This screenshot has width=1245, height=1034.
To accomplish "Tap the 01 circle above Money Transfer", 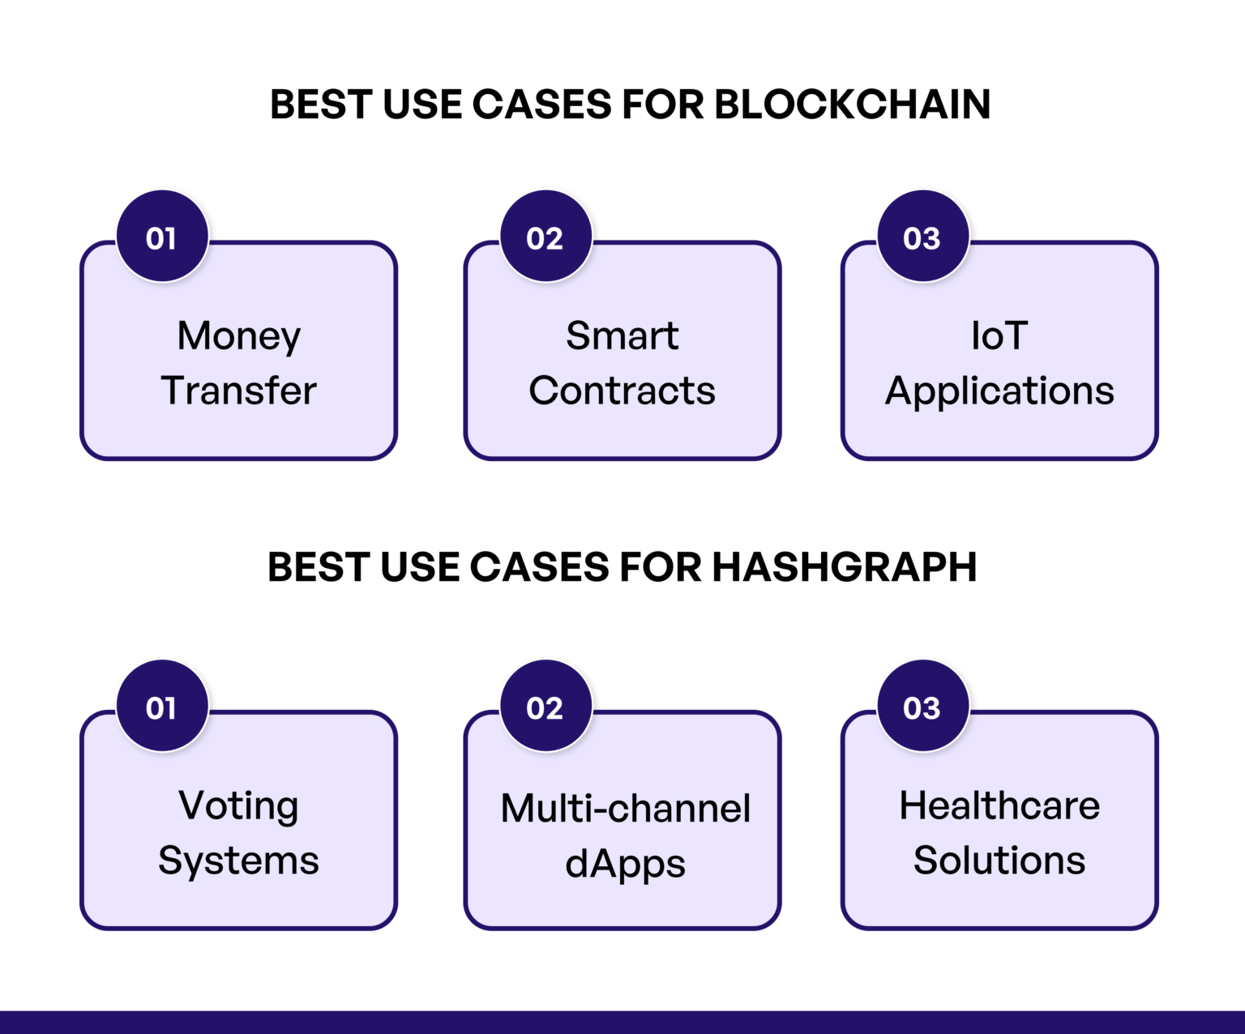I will click(x=162, y=237).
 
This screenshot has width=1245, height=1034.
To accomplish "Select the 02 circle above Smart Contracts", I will click(x=545, y=237).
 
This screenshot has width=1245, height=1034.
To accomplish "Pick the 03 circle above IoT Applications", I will click(x=922, y=237).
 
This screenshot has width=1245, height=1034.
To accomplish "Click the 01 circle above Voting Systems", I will click(x=162, y=707).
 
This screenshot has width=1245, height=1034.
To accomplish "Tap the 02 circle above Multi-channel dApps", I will click(x=545, y=707).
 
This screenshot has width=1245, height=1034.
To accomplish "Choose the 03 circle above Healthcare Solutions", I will click(x=922, y=707).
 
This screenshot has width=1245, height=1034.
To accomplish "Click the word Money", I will click(x=239, y=336).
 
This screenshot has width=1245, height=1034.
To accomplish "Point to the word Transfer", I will click(x=239, y=391).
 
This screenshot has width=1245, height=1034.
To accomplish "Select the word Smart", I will click(x=622, y=335).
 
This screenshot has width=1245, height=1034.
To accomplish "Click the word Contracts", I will click(x=622, y=391).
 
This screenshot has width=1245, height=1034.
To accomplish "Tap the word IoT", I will click(x=999, y=335).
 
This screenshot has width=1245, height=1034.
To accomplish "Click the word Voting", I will click(x=239, y=806).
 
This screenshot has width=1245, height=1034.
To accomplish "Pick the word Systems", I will click(x=239, y=861).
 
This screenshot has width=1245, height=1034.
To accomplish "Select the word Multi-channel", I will click(x=626, y=808).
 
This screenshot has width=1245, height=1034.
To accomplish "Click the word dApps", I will click(x=626, y=865).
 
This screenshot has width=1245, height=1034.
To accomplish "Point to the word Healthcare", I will click(x=999, y=805).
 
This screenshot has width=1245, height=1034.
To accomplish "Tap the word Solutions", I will click(x=999, y=861).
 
